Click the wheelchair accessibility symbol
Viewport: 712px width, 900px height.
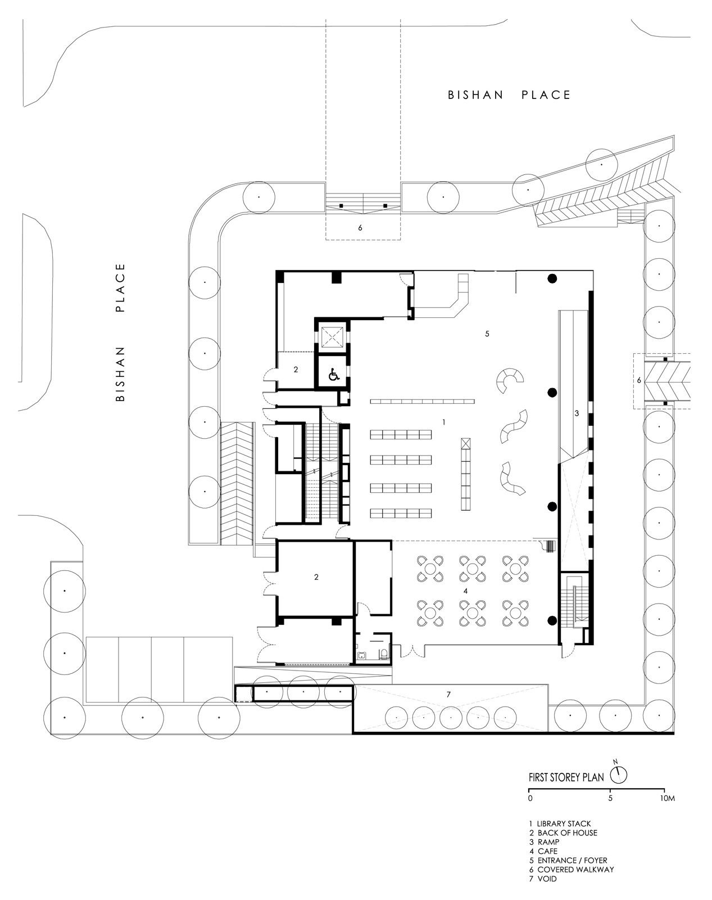pyautogui.click(x=334, y=374)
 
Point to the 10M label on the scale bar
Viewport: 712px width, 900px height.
pyautogui.click(x=667, y=798)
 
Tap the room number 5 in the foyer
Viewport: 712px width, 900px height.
pyautogui.click(x=487, y=334)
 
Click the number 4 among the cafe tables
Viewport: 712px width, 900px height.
pyautogui.click(x=465, y=591)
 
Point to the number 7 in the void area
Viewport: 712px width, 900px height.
pyautogui.click(x=448, y=695)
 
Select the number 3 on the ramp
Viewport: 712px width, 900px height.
pyautogui.click(x=577, y=413)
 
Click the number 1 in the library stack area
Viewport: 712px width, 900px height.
pyautogui.click(x=444, y=422)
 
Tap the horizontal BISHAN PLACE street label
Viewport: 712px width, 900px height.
pyautogui.click(x=509, y=95)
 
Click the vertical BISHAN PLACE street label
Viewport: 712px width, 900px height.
pyautogui.click(x=120, y=332)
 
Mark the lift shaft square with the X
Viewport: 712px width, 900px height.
pyautogui.click(x=333, y=337)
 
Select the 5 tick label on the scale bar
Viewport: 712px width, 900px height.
pyautogui.click(x=610, y=798)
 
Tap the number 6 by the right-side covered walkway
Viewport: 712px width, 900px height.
pyautogui.click(x=638, y=380)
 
